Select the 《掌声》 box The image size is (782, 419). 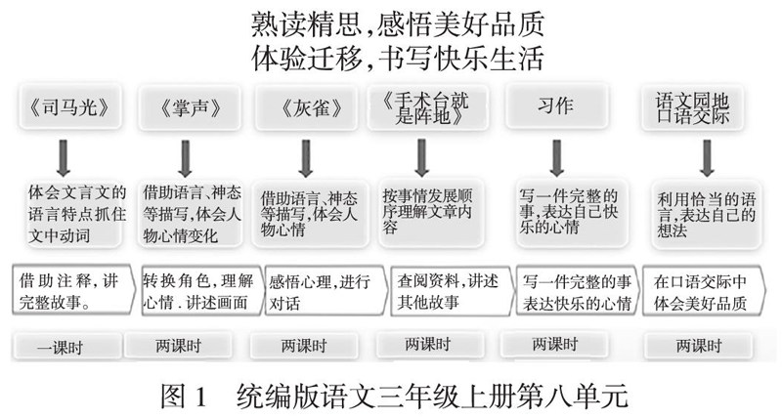(x=183, y=108)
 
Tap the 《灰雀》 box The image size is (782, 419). (x=304, y=108)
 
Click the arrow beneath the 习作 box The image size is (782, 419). (x=556, y=155)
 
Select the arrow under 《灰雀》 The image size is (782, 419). (x=305, y=155)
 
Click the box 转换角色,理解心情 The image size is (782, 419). (x=195, y=291)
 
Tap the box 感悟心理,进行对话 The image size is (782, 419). (x=319, y=291)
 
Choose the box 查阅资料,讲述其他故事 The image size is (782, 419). (x=444, y=291)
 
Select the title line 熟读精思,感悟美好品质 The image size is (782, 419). (x=398, y=21)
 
